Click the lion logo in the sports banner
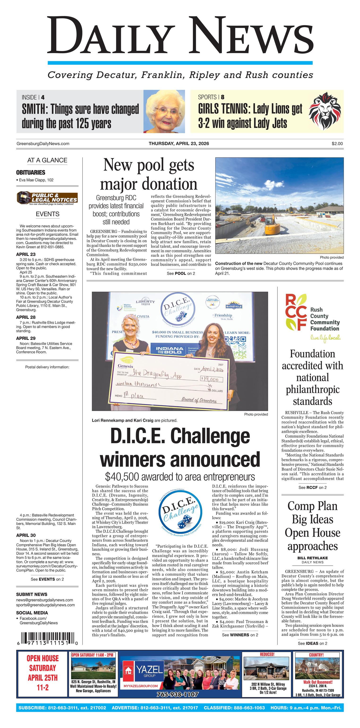click(x=325, y=111)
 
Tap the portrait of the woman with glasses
click(x=164, y=111)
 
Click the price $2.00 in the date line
click(x=337, y=144)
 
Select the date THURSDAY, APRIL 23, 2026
click(x=179, y=144)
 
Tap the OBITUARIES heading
click(x=30, y=172)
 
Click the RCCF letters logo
click(x=296, y=312)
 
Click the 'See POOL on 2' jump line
click(x=181, y=273)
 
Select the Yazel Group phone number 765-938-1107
click(x=178, y=694)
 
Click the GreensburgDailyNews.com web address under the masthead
click(x=43, y=144)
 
